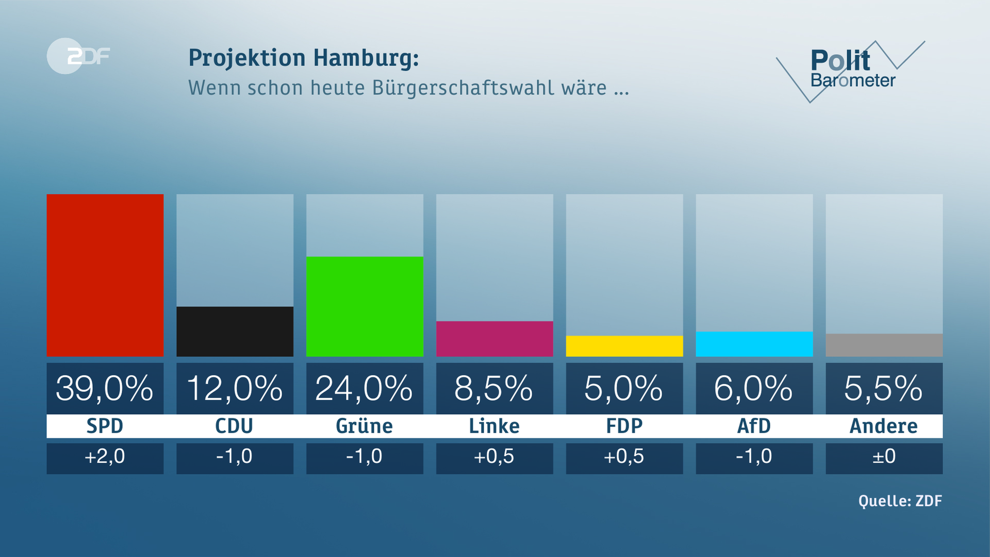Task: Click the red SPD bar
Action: tap(105, 275)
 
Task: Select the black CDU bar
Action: tap(235, 331)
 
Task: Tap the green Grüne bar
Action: tap(365, 306)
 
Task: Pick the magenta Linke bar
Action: tap(494, 338)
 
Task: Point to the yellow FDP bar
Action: tap(624, 346)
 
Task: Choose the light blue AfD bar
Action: tap(754, 343)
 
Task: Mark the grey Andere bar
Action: tap(884, 345)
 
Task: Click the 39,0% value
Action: tap(105, 388)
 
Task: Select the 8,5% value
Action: tap(493, 388)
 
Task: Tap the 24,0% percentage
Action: tap(364, 388)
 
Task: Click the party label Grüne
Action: tap(364, 426)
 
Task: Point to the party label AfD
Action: tap(754, 426)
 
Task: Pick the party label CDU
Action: tap(234, 426)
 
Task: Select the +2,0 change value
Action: tap(105, 456)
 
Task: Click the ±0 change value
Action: tap(884, 456)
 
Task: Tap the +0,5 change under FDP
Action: tap(624, 456)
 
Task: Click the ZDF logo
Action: tap(78, 56)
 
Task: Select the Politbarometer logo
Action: tap(851, 70)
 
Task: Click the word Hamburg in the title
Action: tap(366, 58)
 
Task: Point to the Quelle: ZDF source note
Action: tap(900, 501)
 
